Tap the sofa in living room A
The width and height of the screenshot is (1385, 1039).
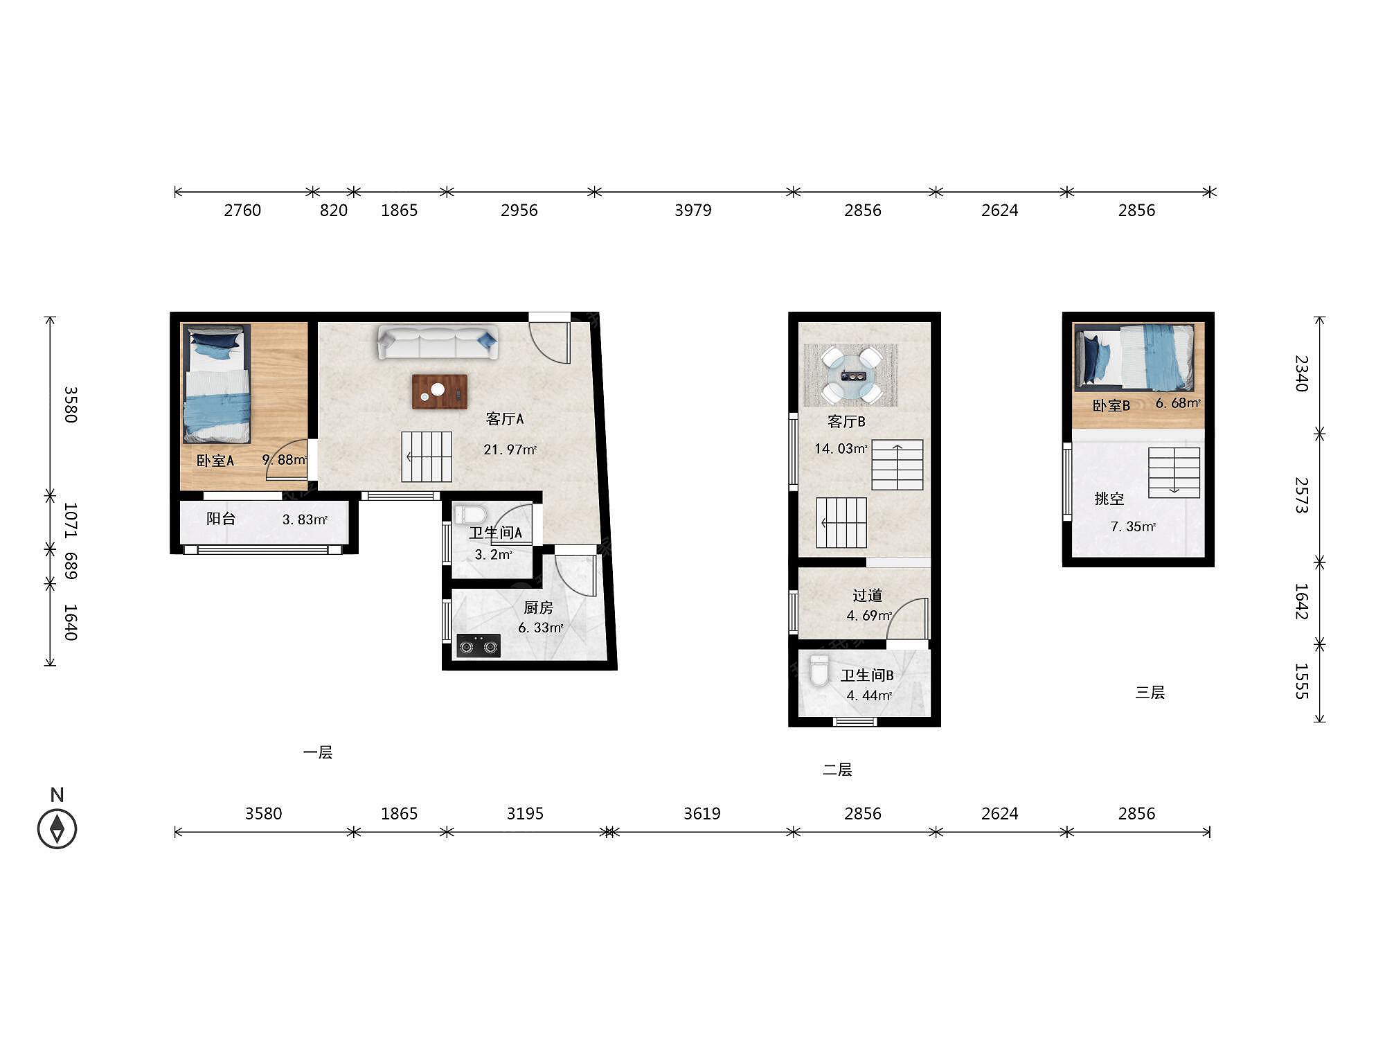[x=438, y=342]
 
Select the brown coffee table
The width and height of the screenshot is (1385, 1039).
[x=440, y=391]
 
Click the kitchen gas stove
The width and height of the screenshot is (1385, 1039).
[x=479, y=646]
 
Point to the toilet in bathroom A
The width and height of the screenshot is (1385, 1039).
[x=470, y=515]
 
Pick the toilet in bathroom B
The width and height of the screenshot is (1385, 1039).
[x=819, y=671]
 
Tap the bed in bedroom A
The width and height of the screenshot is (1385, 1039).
[x=216, y=384]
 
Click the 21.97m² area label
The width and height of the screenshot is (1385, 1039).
[x=510, y=450]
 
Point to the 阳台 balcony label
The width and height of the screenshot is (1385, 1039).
[x=221, y=518]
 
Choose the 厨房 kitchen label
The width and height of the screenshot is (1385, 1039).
[x=538, y=607]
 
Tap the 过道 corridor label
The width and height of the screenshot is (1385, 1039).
[x=867, y=595]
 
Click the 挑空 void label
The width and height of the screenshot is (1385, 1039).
[x=1109, y=498]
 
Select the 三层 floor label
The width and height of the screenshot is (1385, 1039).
[x=1150, y=692]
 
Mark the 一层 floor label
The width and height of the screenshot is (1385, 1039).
[x=318, y=752]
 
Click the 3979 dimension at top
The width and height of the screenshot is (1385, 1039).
[x=692, y=210]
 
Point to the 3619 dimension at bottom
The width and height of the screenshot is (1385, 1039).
[x=702, y=813]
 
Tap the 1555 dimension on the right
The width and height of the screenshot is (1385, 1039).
[x=1301, y=681]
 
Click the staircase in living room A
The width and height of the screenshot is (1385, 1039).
[x=427, y=456]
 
